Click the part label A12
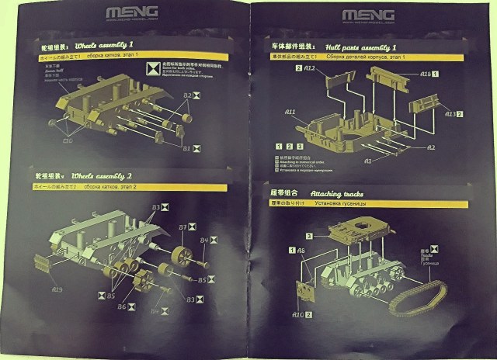[308, 69]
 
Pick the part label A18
[426, 74]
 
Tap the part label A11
[290, 112]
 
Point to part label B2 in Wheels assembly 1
[187, 95]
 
